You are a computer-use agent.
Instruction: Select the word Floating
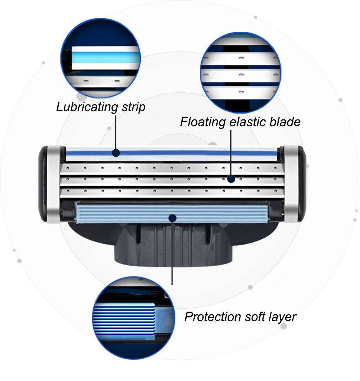[203, 122]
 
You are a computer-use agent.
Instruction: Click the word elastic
[247, 122]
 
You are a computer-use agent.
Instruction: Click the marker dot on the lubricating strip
[116, 153]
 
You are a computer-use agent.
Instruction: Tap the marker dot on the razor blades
[231, 179]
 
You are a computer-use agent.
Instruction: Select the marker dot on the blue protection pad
[172, 218]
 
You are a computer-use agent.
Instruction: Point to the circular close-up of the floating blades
[240, 72]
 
